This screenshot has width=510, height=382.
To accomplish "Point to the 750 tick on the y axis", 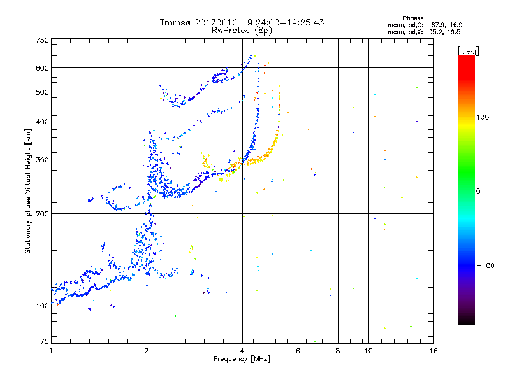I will coord(42,40).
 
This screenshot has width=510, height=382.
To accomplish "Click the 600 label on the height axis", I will coord(42,68).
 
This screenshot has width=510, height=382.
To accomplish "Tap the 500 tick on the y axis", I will coord(42,92).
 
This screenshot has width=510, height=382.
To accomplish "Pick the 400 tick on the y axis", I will coord(42,122).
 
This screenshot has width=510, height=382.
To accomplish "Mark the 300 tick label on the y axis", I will coord(42,160).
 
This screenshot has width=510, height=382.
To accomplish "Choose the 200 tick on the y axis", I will coord(42,214).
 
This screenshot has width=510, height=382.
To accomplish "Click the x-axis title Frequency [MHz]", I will coord(242,360).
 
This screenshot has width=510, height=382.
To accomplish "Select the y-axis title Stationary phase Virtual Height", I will coord(29,191).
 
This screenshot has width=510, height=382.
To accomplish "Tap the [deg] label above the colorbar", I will coord(469,50).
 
